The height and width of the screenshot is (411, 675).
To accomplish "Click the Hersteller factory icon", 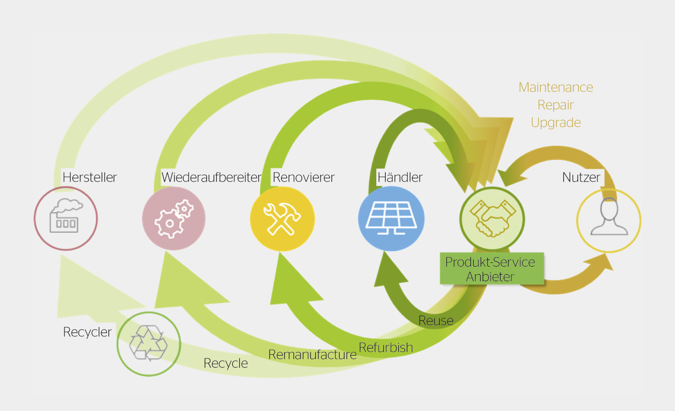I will (x=66, y=219).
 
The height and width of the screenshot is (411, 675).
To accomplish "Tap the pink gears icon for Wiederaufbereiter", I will (x=174, y=219).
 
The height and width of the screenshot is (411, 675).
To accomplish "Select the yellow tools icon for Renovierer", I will (x=282, y=219).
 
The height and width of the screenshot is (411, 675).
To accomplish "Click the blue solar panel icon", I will (x=391, y=219).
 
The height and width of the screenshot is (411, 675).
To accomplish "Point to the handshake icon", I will (x=492, y=219).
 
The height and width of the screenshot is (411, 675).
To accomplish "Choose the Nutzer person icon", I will (x=609, y=220).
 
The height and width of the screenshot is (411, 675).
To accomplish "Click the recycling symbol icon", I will (x=149, y=344).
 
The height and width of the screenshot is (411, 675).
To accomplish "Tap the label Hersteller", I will (x=89, y=177).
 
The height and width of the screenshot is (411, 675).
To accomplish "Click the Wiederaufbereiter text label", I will (x=211, y=177).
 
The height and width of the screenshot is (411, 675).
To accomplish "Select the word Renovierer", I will (x=303, y=177).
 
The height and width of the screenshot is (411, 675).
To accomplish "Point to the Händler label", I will (x=400, y=177).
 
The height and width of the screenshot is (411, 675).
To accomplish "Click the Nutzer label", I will (x=581, y=177).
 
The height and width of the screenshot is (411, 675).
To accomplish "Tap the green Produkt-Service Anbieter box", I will (x=491, y=269).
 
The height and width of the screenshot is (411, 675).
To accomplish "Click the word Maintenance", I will (x=556, y=87).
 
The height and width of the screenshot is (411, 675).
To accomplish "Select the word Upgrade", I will (x=556, y=123).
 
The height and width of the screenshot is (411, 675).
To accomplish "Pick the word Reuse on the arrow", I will (x=436, y=321).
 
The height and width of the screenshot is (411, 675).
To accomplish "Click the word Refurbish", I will (x=386, y=348).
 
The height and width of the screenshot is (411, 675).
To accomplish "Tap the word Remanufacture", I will (x=312, y=355).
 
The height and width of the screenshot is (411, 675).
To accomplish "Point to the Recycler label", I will (x=87, y=332).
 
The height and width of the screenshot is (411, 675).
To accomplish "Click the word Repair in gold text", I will (x=556, y=105).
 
